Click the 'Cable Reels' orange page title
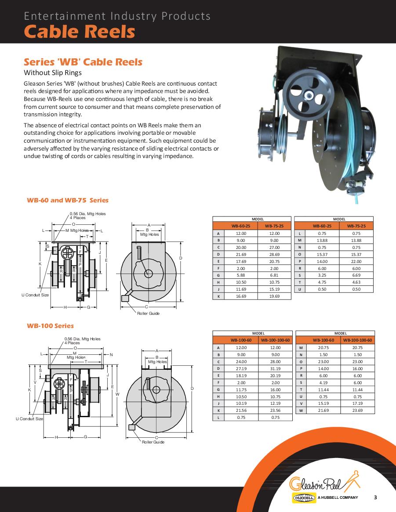pyautogui.click(x=79, y=32)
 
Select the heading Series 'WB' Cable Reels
pyautogui.click(x=83, y=61)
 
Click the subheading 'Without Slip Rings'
pyautogui.click(x=53, y=72)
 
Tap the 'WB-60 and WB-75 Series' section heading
pyautogui.click(x=68, y=200)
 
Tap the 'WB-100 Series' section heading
pyautogui.click(x=50, y=326)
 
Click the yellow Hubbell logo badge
pyautogui.click(x=304, y=498)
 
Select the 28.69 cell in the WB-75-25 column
pyautogui.click(x=274, y=254)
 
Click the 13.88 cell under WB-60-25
pyautogui.click(x=322, y=240)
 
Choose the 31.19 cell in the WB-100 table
pyautogui.click(x=275, y=368)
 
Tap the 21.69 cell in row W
pyautogui.click(x=323, y=411)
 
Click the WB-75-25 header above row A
pyautogui.click(x=274, y=226)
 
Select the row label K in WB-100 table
pyautogui.click(x=218, y=411)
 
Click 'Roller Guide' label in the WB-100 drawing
pyautogui.click(x=153, y=442)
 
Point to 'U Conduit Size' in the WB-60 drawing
pyautogui.click(x=35, y=295)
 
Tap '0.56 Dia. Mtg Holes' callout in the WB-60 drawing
pyautogui.click(x=87, y=214)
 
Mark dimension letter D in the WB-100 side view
pyautogui.click(x=192, y=388)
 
